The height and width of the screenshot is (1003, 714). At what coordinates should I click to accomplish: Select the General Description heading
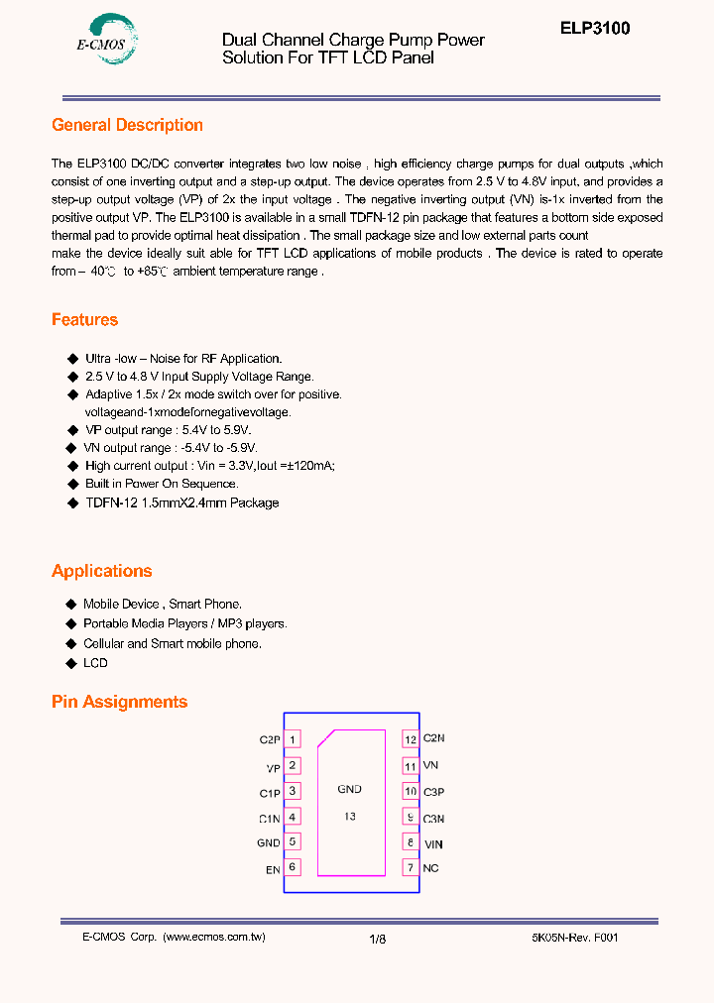point(127,125)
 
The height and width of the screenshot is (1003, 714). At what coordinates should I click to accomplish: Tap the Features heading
point(84,319)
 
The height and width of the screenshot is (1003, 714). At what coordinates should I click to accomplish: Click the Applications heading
point(101,571)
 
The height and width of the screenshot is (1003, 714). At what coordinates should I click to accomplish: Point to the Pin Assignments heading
point(119,702)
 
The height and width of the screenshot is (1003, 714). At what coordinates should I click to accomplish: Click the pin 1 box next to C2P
point(293,739)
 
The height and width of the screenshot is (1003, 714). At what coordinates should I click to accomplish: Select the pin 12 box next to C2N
point(411,739)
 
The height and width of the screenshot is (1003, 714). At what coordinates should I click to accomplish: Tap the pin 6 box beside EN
point(293,867)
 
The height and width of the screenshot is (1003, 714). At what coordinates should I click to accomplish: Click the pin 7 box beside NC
point(411,868)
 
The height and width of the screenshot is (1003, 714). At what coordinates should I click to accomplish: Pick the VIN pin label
point(433,843)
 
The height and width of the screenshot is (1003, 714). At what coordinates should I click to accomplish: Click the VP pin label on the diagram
point(273,767)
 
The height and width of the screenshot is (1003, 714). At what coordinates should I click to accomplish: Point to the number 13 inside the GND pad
point(350,817)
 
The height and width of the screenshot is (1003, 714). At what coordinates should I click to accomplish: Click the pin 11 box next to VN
point(411,765)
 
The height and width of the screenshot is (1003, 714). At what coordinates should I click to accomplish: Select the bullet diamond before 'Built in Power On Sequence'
point(71,484)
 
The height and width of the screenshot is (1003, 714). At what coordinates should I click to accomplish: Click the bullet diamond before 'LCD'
point(71,662)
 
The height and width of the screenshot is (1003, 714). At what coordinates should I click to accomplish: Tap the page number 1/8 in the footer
point(377,938)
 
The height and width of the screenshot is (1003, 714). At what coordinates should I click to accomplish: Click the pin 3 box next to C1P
point(293,791)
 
